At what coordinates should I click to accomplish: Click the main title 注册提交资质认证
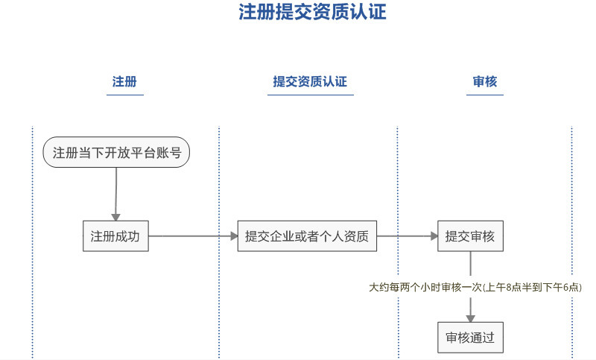312,11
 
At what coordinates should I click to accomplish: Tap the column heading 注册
124,81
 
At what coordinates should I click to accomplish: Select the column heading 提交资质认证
310,81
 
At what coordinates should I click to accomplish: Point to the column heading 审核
485,81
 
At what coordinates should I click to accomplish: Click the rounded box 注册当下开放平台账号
116,153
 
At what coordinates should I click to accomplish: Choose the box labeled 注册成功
115,236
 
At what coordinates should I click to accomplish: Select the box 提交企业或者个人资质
307,236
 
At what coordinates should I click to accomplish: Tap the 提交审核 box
470,236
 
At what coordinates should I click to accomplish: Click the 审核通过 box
470,338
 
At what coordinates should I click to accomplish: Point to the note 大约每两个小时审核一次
425,288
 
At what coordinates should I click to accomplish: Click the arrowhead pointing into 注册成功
116,217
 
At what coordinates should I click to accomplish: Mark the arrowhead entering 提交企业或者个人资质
234,236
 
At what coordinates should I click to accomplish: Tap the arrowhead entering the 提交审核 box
434,236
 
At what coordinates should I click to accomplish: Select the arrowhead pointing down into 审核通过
471,318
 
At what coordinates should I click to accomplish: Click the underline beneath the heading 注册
125,95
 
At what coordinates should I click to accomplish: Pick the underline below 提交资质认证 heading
311,95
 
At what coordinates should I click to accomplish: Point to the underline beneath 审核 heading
485,95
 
